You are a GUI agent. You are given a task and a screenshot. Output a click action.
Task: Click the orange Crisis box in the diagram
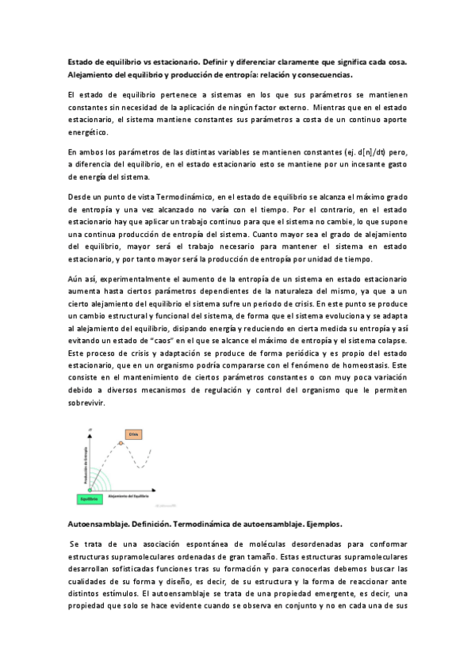pos(132,434)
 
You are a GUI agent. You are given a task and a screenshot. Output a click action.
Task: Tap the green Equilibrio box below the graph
pos(88,499)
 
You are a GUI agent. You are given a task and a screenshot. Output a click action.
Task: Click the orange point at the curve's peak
pos(121,442)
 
